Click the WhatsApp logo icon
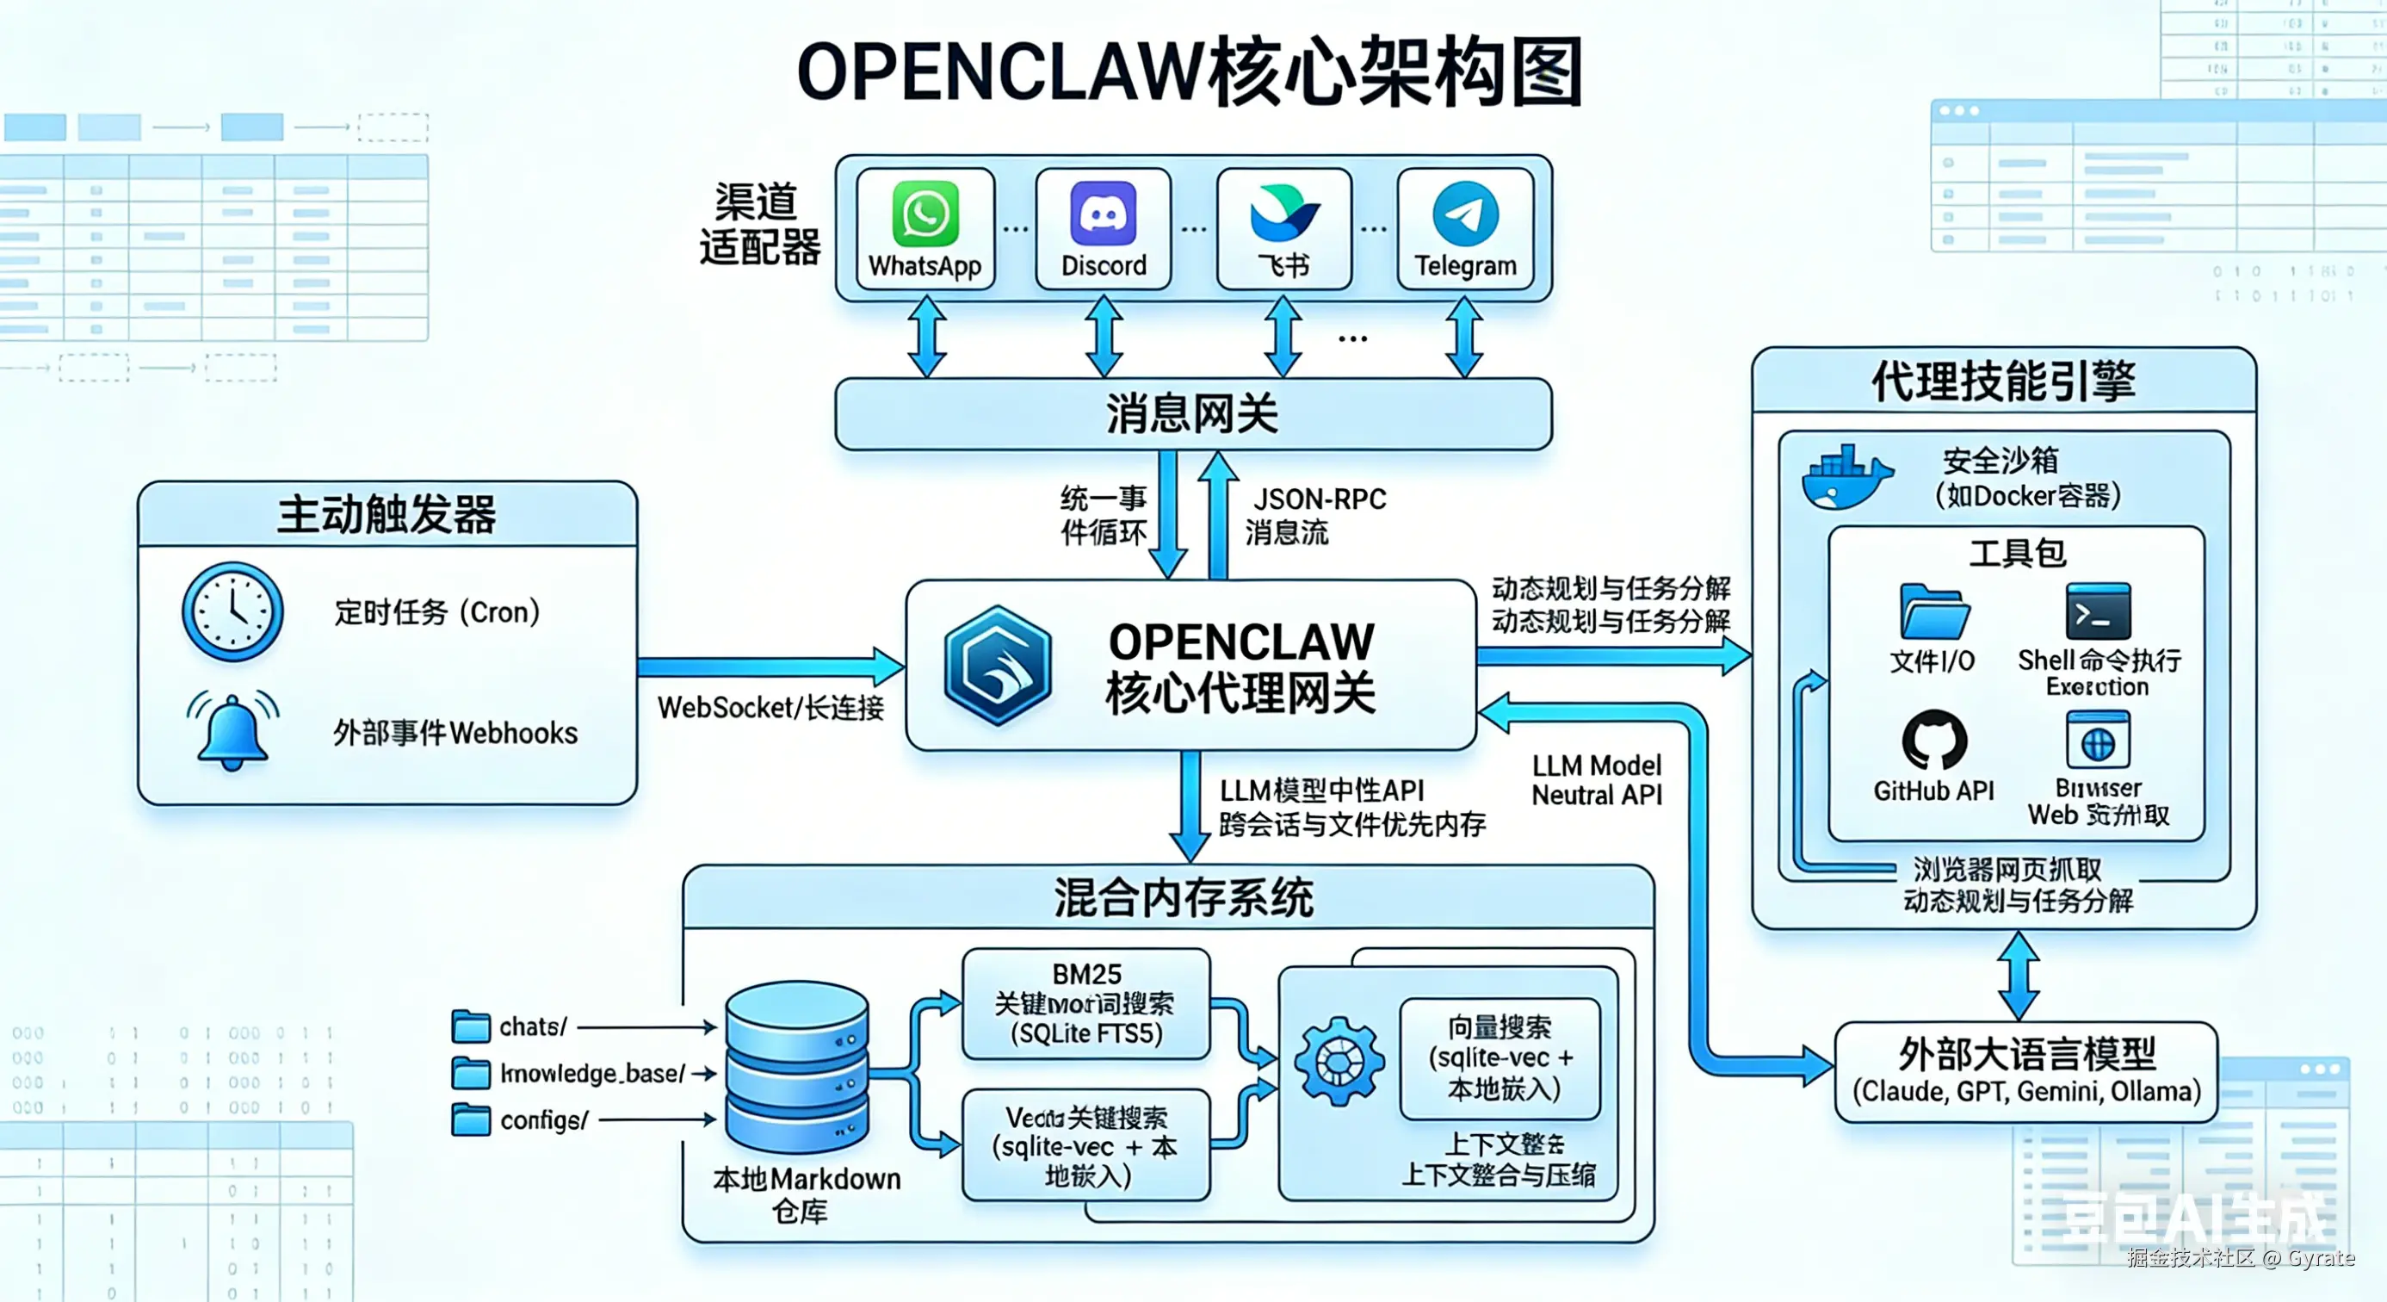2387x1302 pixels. (x=924, y=214)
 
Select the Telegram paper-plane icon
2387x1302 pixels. (x=1465, y=214)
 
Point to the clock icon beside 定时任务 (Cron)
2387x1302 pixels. (x=232, y=611)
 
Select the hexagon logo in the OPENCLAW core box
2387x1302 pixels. (x=997, y=665)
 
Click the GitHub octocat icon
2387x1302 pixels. (x=1934, y=741)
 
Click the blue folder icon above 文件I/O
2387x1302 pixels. (x=1934, y=611)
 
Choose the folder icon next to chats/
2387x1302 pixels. (x=471, y=1026)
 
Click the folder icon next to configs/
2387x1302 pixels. (x=471, y=1119)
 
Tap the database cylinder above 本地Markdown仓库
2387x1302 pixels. (x=797, y=1066)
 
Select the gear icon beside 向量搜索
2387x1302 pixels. (x=1339, y=1061)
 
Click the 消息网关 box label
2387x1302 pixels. (x=1191, y=414)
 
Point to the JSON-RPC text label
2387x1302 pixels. (x=1320, y=499)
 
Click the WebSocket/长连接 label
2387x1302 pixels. (x=770, y=708)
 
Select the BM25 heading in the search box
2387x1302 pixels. (x=1086, y=975)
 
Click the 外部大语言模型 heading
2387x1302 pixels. (x=2026, y=1055)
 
